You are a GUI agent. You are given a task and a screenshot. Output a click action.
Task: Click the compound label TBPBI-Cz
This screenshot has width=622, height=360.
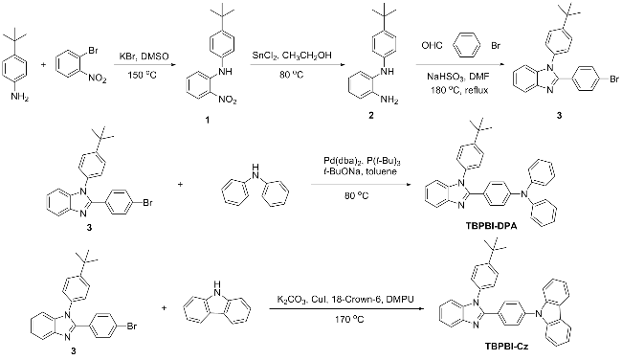click(506, 347)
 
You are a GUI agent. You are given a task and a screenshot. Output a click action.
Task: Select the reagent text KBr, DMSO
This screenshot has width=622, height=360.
click(144, 56)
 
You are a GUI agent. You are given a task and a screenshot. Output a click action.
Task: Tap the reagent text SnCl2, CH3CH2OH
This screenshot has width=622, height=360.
click(292, 56)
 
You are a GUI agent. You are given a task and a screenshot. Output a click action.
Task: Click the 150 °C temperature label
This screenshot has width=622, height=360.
click(142, 75)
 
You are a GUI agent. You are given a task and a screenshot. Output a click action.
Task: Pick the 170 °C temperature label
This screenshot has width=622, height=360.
click(349, 319)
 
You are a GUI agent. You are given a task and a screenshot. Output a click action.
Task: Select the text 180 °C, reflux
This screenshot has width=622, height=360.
click(459, 90)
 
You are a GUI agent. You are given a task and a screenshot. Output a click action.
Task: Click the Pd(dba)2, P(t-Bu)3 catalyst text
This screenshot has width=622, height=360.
click(362, 162)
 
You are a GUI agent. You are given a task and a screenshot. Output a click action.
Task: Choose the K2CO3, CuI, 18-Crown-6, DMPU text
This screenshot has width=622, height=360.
click(345, 299)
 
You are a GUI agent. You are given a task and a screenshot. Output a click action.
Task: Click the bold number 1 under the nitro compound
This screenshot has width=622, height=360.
click(207, 120)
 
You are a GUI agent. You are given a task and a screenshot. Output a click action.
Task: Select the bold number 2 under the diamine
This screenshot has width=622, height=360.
click(370, 115)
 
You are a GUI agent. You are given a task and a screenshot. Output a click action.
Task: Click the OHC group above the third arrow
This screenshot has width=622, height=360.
click(432, 46)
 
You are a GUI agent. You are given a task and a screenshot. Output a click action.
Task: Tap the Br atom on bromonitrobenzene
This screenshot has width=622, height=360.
click(93, 51)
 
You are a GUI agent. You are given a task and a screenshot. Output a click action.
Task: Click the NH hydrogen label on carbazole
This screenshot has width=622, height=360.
click(216, 283)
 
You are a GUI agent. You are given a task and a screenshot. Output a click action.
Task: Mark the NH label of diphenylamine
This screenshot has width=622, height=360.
click(255, 169)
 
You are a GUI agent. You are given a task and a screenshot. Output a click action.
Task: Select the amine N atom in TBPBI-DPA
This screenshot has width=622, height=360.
click(524, 193)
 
